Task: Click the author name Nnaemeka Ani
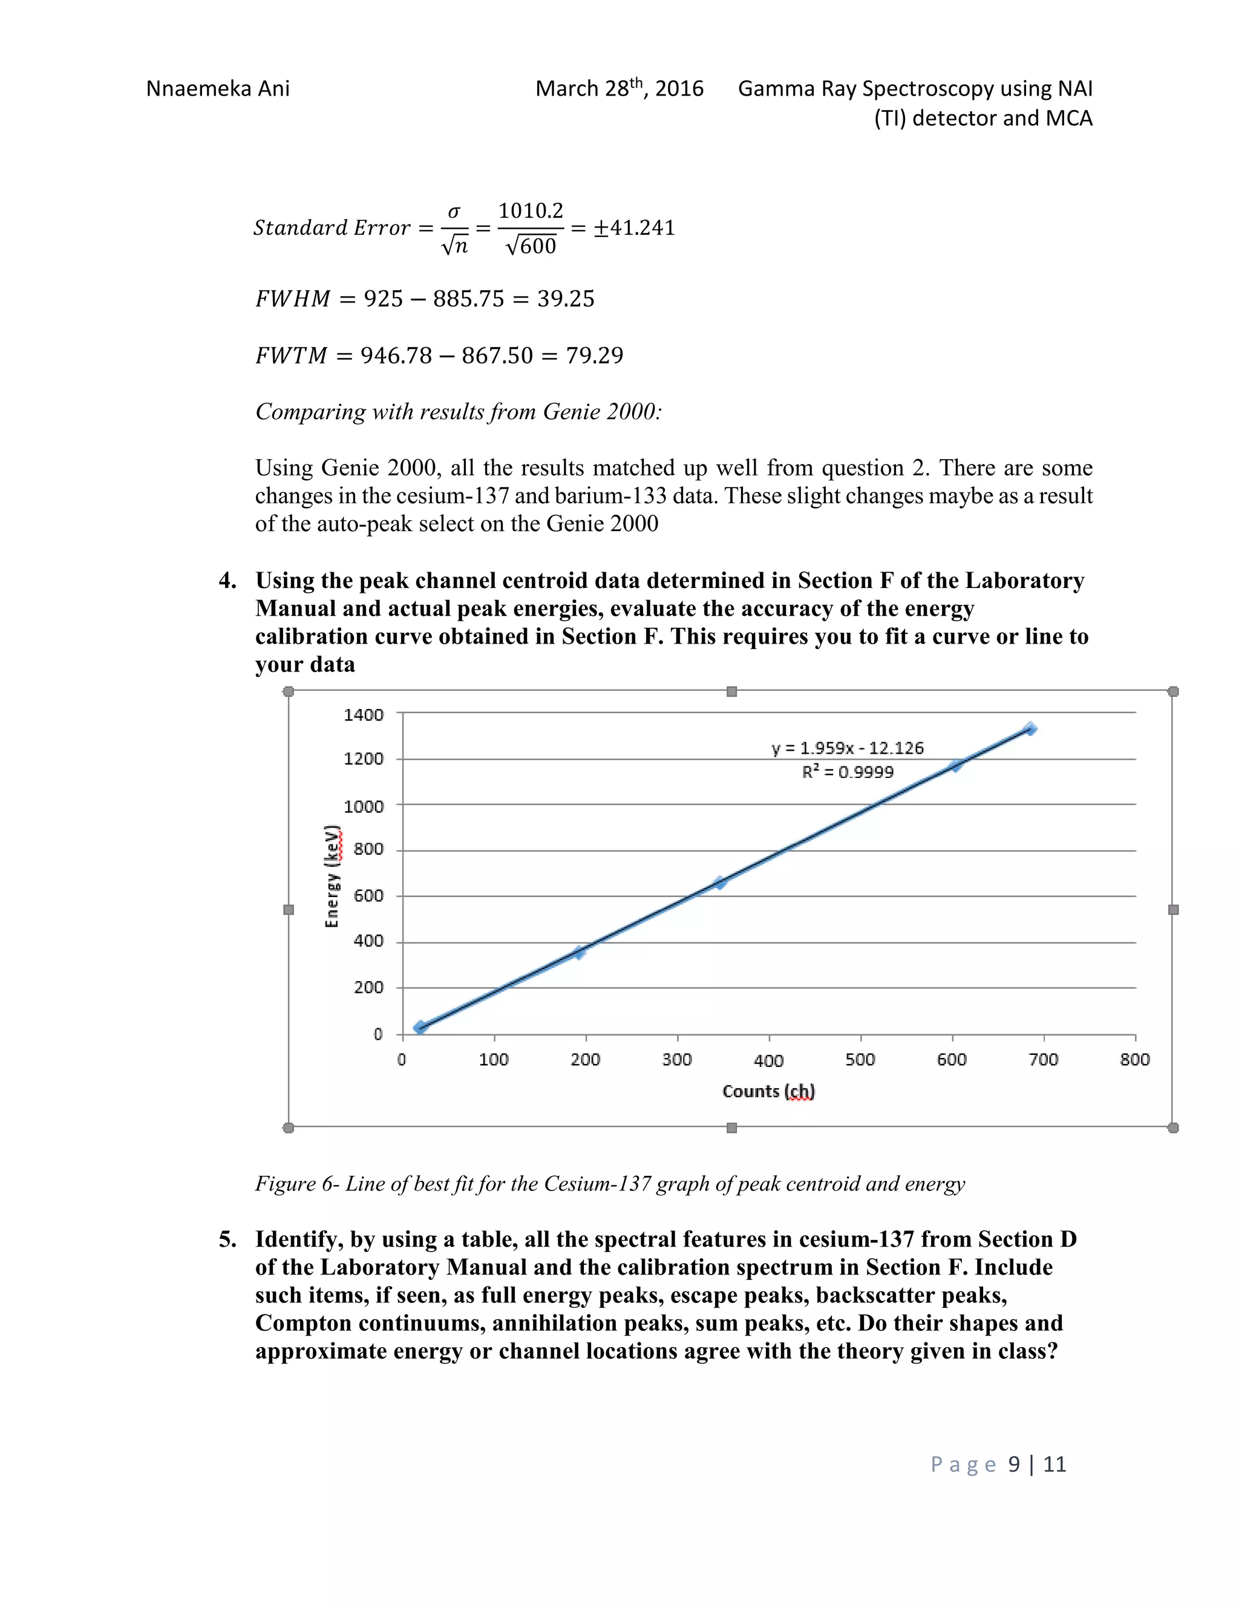click(218, 89)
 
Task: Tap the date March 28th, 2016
click(619, 89)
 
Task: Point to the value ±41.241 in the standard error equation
click(634, 227)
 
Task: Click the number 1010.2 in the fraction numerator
click(530, 211)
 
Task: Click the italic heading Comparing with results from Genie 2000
click(458, 412)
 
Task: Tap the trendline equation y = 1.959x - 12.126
click(847, 748)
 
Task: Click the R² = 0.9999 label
click(847, 771)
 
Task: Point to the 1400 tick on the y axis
click(364, 714)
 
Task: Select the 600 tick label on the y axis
click(368, 895)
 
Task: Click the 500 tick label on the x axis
click(860, 1059)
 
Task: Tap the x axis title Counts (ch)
click(768, 1091)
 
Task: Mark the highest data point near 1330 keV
click(1030, 729)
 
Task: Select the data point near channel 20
click(420, 1027)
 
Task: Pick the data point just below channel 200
click(579, 952)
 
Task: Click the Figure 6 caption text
click(609, 1184)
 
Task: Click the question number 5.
click(227, 1239)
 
